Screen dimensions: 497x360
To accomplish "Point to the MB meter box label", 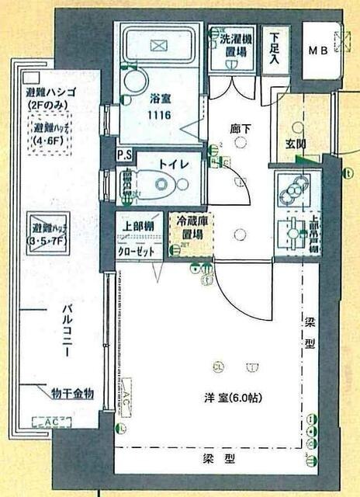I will coord(317,50).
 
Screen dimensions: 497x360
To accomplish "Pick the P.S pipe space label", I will coord(123,155).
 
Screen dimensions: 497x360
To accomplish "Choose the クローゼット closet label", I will coord(137,241).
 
